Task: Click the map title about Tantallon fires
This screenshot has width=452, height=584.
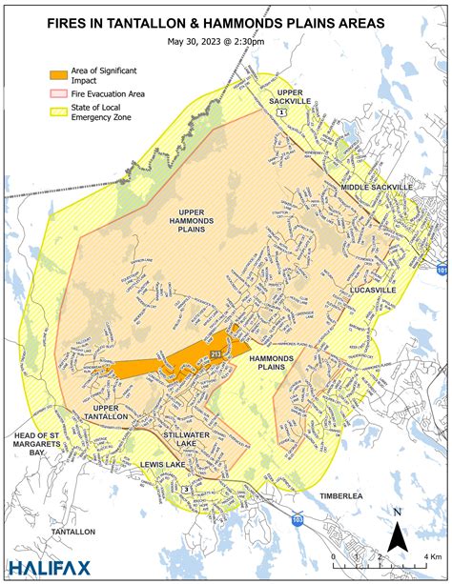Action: coord(225,20)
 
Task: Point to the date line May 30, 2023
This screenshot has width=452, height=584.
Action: coord(225,41)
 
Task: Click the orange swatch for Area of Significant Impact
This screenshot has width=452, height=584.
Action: coord(60,73)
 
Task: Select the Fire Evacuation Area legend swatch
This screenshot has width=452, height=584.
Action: coord(60,93)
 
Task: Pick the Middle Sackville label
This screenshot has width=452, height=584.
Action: coord(377,188)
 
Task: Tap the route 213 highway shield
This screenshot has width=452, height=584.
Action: coord(216,353)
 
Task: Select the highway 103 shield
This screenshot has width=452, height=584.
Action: coord(298,520)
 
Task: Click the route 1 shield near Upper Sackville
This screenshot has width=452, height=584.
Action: coord(282,112)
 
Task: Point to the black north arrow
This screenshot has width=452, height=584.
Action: coord(400,534)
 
